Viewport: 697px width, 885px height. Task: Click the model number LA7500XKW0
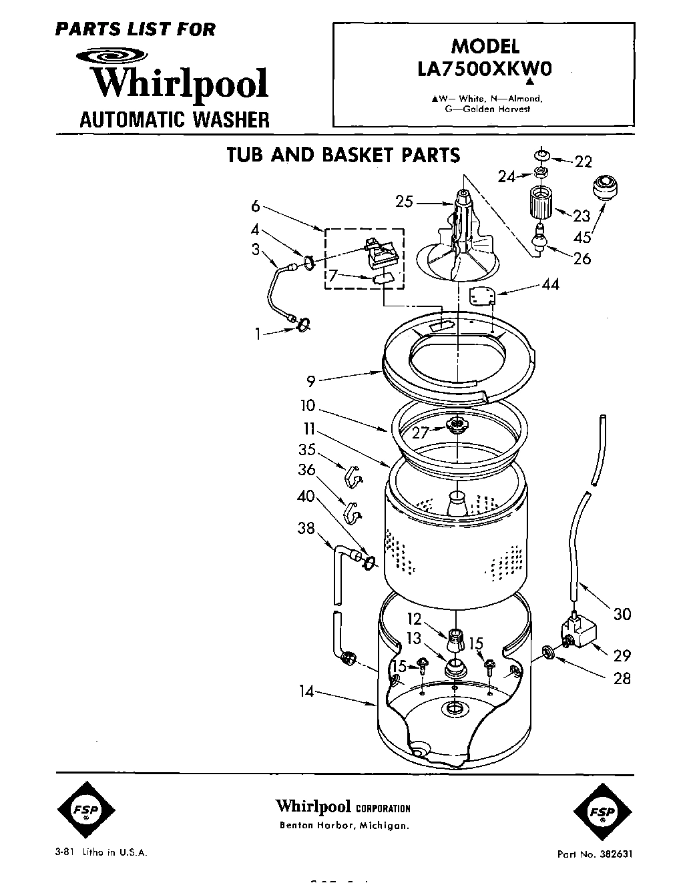click(484, 69)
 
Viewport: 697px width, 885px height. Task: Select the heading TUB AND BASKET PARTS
click(343, 155)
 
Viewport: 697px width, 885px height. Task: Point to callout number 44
click(550, 285)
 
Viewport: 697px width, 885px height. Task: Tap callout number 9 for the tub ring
click(310, 382)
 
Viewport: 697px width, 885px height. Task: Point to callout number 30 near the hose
click(622, 613)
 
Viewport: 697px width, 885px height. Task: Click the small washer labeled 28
click(546, 651)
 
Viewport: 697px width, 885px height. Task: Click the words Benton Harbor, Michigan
click(343, 826)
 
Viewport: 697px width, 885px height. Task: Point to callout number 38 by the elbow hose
click(306, 529)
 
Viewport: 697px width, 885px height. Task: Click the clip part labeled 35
click(353, 475)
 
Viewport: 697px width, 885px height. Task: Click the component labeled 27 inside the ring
click(457, 424)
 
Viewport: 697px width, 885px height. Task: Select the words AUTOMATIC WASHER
click(174, 119)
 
